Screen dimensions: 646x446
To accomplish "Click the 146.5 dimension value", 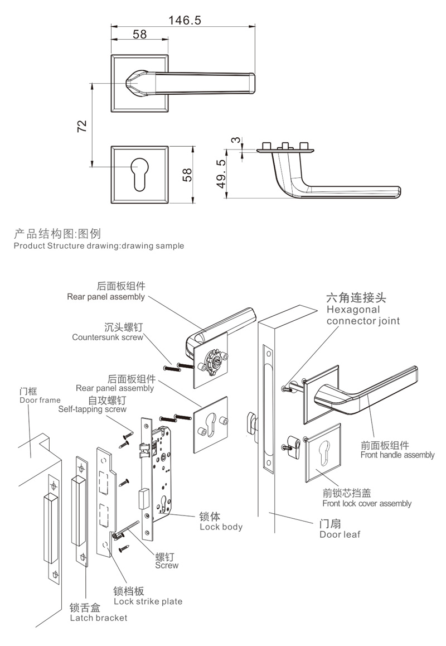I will coord(185,20).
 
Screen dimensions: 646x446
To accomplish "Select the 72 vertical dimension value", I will coord(81,126).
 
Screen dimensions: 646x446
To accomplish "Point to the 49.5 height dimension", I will coord(221,173).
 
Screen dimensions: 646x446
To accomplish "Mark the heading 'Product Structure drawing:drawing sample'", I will coord(99,245).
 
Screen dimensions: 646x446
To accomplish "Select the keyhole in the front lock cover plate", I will coord(324,451).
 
